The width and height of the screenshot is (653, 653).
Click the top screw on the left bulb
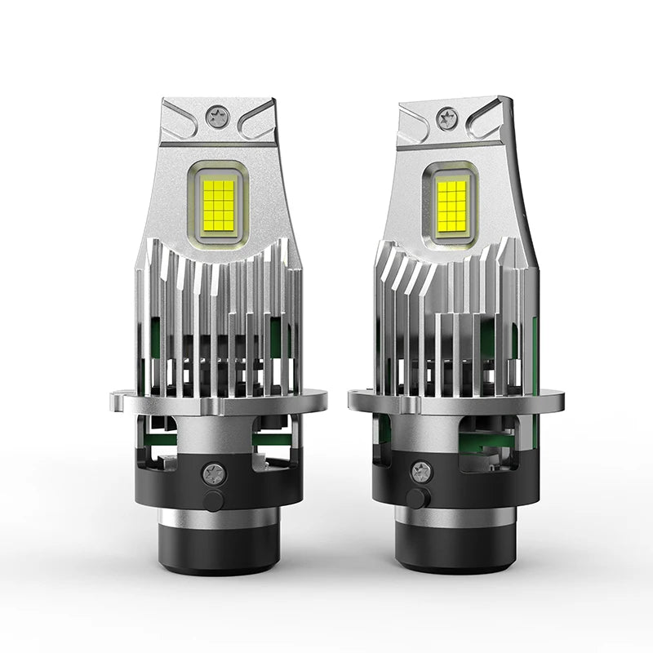217,118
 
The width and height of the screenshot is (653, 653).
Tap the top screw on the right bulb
446,118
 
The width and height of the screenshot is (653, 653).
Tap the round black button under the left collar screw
214,500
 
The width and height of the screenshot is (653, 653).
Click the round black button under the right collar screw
416,499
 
